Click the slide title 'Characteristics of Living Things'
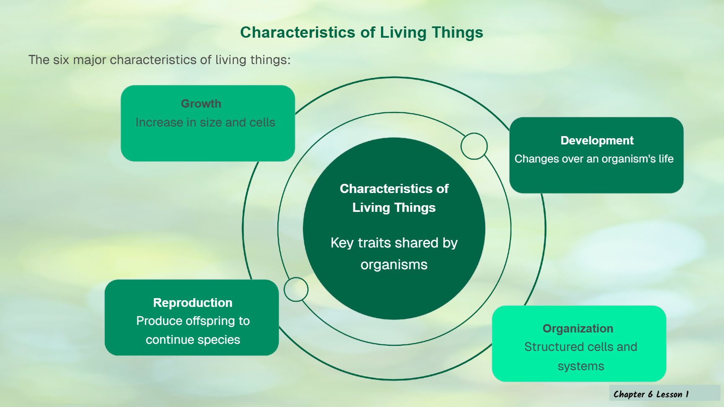coord(362,33)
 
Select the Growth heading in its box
coord(201,103)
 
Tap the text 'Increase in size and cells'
coord(205,122)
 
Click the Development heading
coord(597,140)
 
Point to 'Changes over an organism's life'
coord(594,159)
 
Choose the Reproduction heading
coord(193,302)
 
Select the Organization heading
coord(578,328)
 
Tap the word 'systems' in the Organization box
coord(581,366)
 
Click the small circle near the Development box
coord(474,146)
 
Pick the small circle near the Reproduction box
coord(296,289)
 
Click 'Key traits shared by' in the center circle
coord(394,243)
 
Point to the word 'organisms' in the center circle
coord(394,265)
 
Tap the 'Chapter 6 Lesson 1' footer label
coord(651,394)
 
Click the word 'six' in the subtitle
coord(61,60)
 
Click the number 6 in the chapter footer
coord(650,394)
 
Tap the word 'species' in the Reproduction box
coord(220,340)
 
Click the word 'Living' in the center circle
coord(371,208)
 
